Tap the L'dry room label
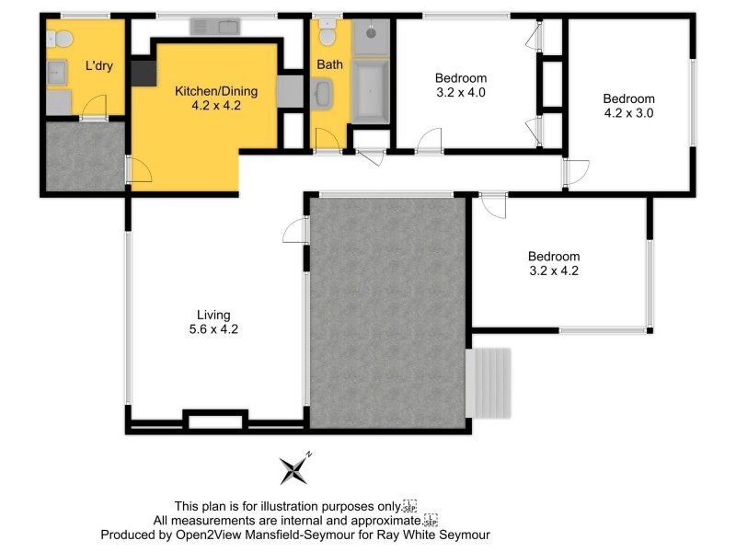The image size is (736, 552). [x=98, y=65]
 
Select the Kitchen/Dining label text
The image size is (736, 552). [x=216, y=91]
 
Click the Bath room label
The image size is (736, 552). [x=328, y=65]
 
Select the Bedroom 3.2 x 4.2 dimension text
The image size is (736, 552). [x=553, y=270]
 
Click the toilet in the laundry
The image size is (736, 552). [x=63, y=40]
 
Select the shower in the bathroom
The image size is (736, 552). [x=372, y=37]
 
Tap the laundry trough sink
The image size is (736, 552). [x=57, y=72]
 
